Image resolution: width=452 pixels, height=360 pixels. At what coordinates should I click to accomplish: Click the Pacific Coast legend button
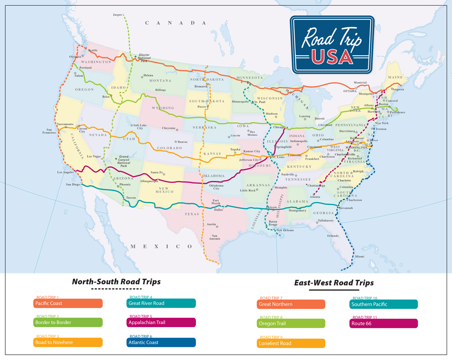click(x=68, y=303)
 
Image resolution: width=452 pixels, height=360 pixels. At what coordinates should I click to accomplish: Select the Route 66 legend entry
click(x=383, y=323)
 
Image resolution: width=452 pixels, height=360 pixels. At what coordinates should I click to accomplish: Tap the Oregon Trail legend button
click(x=291, y=323)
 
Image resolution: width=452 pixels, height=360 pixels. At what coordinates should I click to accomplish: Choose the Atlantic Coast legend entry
click(x=161, y=342)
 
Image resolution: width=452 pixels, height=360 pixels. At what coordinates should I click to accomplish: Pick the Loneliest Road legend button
click(x=291, y=343)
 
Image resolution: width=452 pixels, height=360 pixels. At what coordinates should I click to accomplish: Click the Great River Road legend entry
click(x=161, y=303)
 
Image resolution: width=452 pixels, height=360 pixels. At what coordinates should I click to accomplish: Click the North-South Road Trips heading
click(x=116, y=282)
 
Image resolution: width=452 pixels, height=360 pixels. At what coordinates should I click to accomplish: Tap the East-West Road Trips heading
click(x=334, y=282)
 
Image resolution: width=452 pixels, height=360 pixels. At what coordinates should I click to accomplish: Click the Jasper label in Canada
click(x=118, y=15)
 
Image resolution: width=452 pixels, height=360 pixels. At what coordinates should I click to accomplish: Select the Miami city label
click(x=360, y=257)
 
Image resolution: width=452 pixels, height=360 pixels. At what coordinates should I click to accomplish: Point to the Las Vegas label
click(x=94, y=156)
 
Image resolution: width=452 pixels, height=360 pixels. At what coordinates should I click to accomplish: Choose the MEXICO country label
click(x=161, y=246)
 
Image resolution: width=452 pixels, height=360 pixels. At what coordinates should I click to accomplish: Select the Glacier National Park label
click(x=144, y=58)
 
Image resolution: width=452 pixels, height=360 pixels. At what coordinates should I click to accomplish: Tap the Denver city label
click(x=182, y=142)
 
